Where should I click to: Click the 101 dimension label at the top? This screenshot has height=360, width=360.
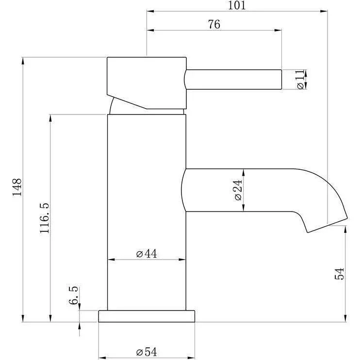click(236, 5)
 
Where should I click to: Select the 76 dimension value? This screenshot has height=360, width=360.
click(214, 24)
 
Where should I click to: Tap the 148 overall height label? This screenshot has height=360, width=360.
click(17, 187)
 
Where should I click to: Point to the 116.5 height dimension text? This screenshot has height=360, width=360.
click(44, 218)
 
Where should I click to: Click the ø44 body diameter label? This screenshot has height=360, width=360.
click(147, 254)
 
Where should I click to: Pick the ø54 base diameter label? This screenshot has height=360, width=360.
click(147, 352)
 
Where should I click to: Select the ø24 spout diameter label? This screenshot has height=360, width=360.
click(238, 190)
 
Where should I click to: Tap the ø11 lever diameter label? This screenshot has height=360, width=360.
click(300, 80)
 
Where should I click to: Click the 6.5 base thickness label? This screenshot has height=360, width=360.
click(73, 295)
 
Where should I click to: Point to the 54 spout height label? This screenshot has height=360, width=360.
click(339, 274)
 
